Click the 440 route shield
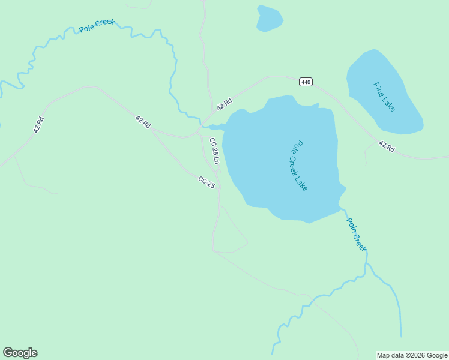(306, 82)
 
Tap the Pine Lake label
(384, 97)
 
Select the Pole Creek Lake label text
(299, 166)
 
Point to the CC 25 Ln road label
(214, 151)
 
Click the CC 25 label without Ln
(206, 182)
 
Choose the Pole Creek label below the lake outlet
(356, 234)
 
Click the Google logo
(20, 353)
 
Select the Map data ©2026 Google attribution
(412, 355)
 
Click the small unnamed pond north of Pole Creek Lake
(269, 19)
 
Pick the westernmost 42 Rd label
(38, 124)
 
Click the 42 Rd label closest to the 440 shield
(224, 103)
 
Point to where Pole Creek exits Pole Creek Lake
(342, 208)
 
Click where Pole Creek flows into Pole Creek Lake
(207, 127)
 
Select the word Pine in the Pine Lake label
(378, 88)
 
